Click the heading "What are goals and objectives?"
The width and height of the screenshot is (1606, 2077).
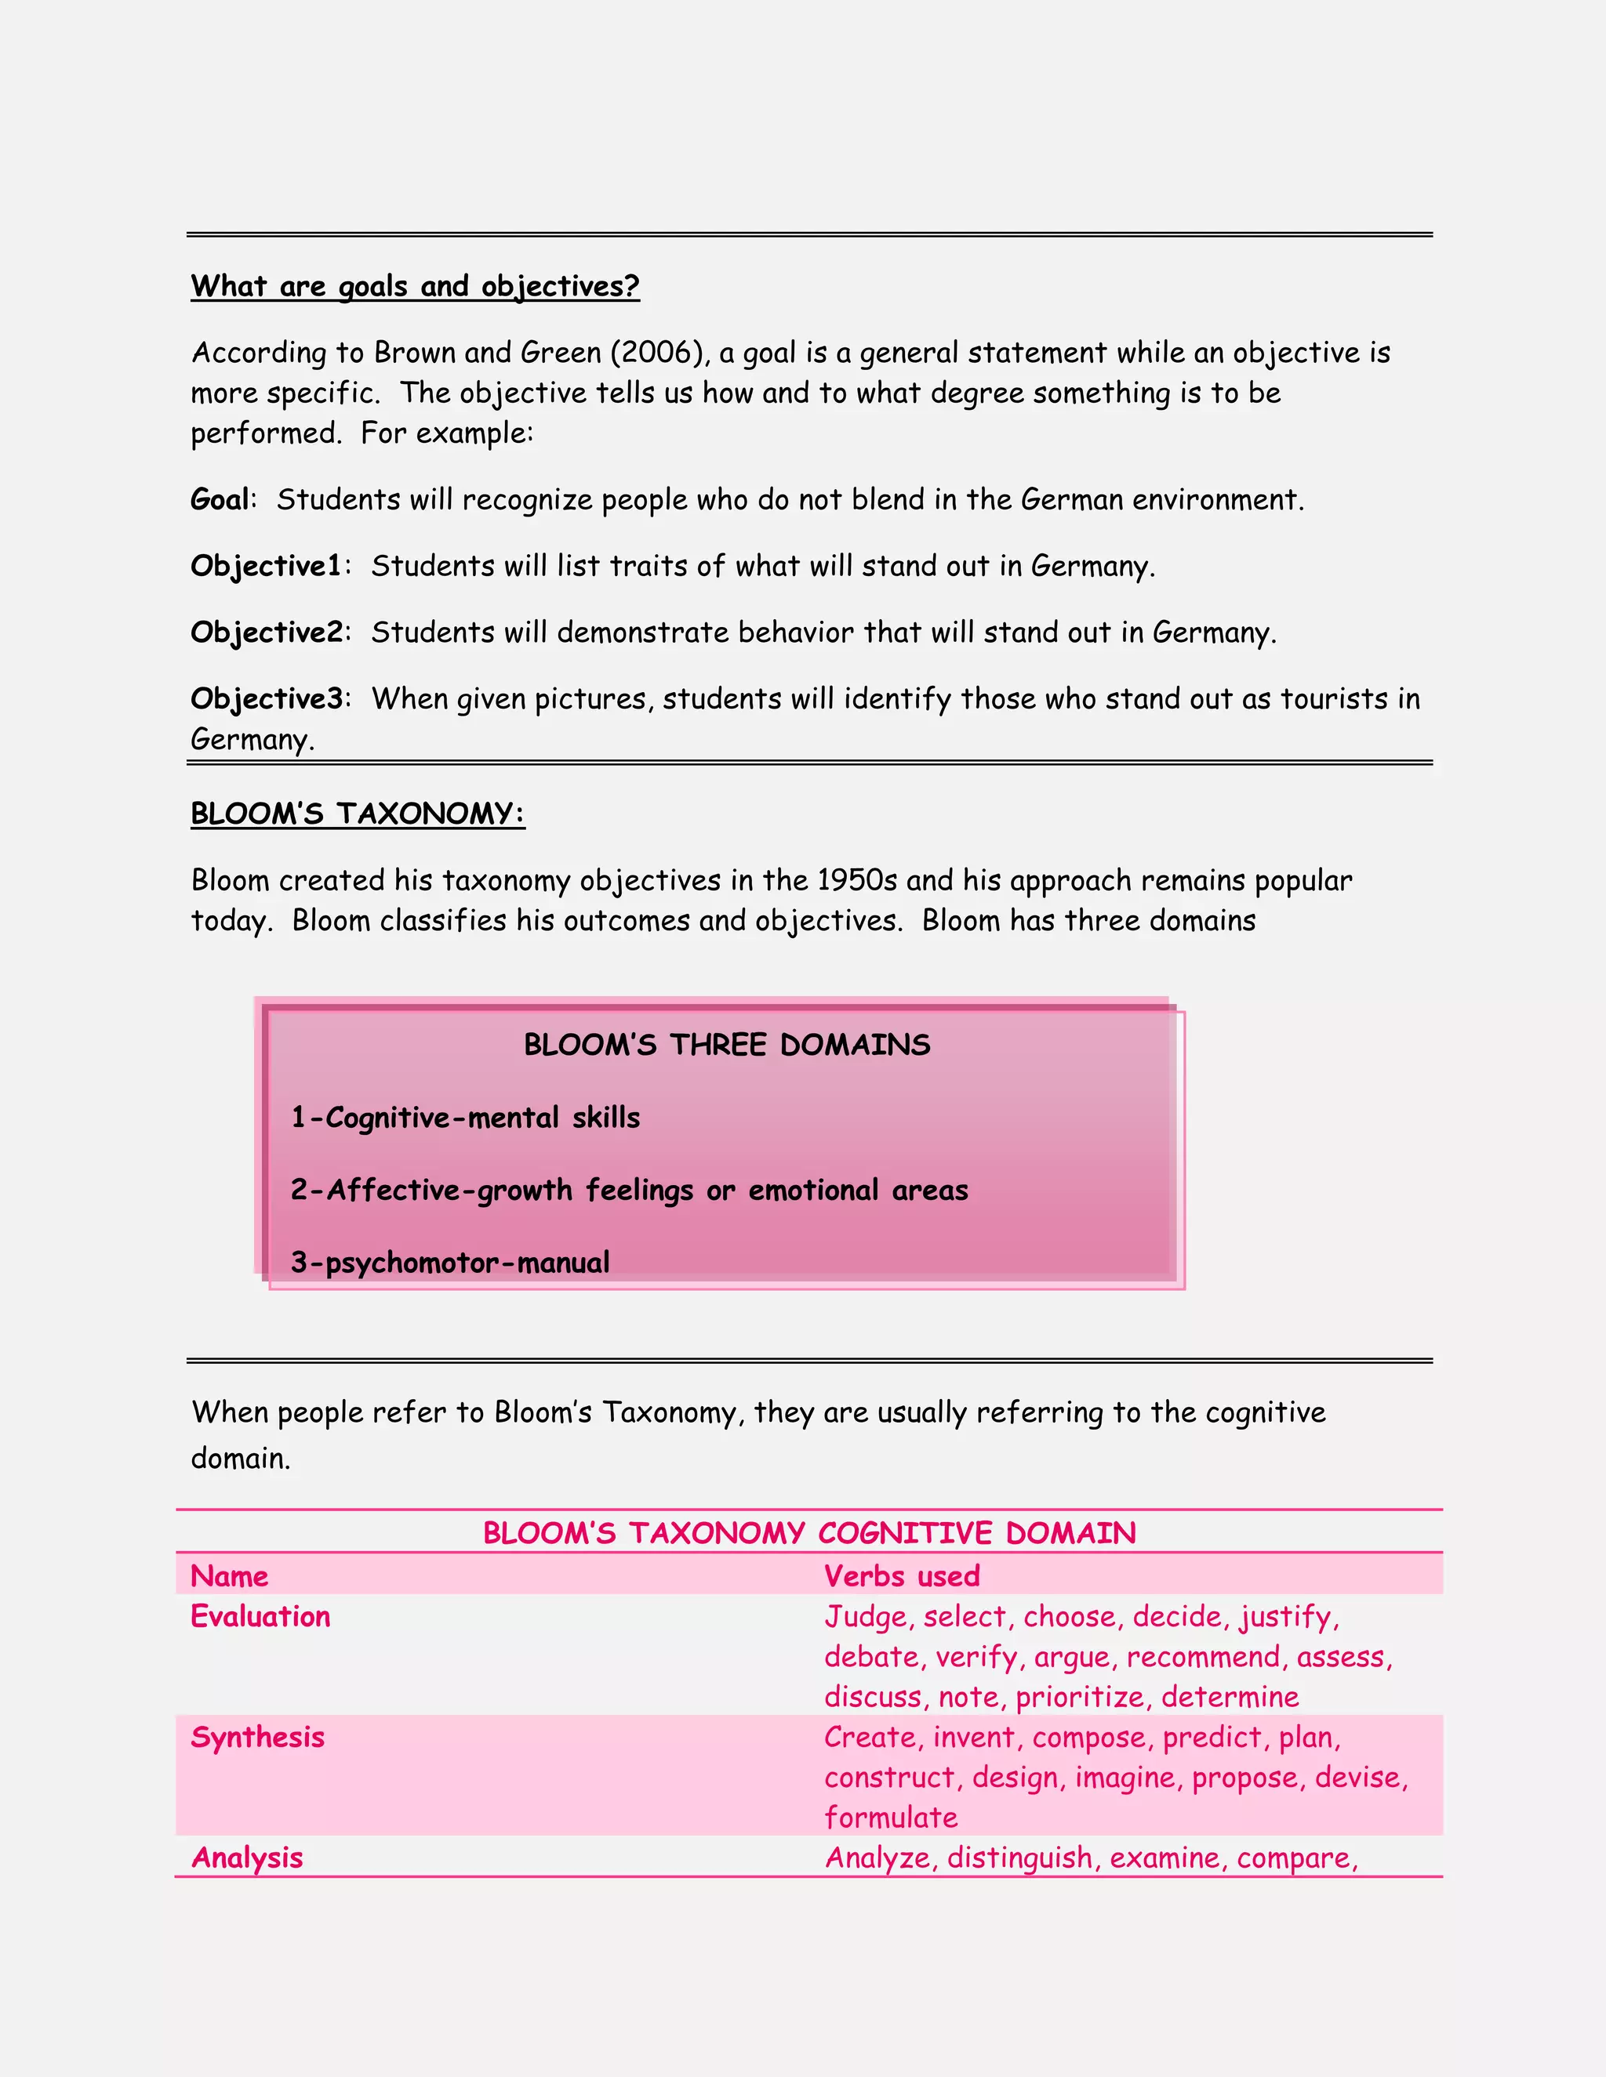pyautogui.click(x=415, y=286)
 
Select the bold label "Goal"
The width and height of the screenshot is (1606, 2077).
pyautogui.click(x=220, y=499)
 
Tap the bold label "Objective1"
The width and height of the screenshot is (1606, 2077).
pyautogui.click(x=266, y=566)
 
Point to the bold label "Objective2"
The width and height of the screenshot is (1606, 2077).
pyautogui.click(x=267, y=633)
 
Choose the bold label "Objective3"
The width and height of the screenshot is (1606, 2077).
pyautogui.click(x=267, y=699)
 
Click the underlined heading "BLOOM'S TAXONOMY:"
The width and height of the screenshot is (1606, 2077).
pyautogui.click(x=358, y=814)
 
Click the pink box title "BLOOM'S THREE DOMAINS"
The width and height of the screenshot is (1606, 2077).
pyautogui.click(x=727, y=1045)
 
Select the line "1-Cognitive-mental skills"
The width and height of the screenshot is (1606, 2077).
pyautogui.click(x=465, y=1118)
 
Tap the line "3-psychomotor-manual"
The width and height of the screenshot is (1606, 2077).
pyautogui.click(x=450, y=1263)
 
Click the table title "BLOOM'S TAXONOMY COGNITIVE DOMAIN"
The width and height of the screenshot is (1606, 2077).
pyautogui.click(x=808, y=1533)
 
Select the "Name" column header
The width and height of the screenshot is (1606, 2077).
pyautogui.click(x=229, y=1576)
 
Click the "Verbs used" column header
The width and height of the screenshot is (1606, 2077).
pyautogui.click(x=901, y=1576)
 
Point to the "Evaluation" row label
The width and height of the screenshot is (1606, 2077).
pyautogui.click(x=260, y=1617)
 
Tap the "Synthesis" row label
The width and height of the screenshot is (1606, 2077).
pyautogui.click(x=258, y=1738)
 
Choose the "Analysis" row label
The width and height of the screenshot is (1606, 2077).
pyautogui.click(x=247, y=1858)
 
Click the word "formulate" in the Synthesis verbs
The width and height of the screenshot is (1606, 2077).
pyautogui.click(x=891, y=1818)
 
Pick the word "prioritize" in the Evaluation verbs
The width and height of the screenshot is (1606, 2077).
pyautogui.click(x=1080, y=1697)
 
